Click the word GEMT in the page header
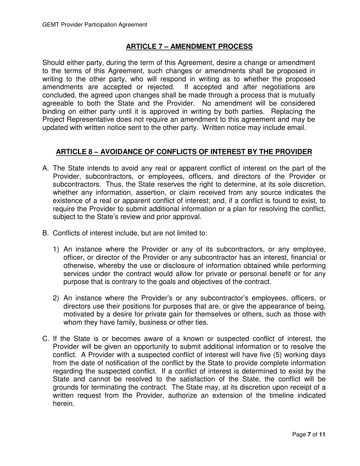tap(50, 25)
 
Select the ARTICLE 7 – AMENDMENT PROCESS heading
tap(189, 47)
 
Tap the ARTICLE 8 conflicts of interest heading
tap(184, 152)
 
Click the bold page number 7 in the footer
tap(308, 435)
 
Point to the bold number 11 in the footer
tap(322, 435)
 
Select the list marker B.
tap(45, 233)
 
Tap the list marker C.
tap(45, 339)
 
